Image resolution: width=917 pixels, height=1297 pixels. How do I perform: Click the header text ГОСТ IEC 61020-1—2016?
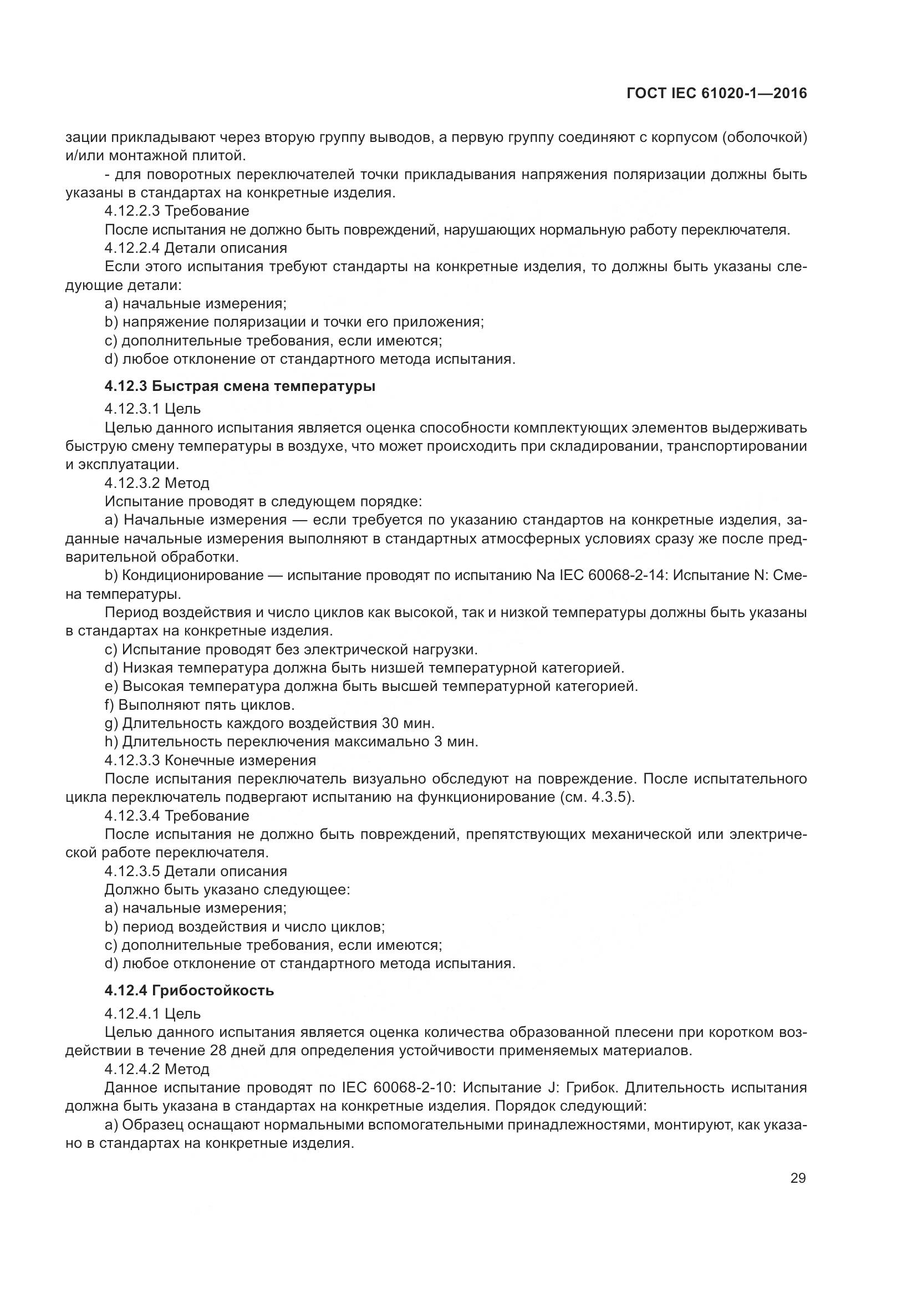pos(716,94)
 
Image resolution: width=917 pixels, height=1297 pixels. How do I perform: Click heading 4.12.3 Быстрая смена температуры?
pos(240,386)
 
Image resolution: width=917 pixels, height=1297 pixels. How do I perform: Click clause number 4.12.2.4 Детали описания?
pos(195,248)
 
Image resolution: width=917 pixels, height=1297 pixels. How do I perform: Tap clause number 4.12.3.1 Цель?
pos(152,409)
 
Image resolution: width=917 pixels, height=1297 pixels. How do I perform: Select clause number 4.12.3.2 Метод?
pos(157,483)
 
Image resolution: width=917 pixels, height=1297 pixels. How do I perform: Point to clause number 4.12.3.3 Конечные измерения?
pos(210,760)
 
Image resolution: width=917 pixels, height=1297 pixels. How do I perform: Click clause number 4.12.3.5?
pos(133,871)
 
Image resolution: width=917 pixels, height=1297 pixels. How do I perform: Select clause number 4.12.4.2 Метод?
pos(157,1069)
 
